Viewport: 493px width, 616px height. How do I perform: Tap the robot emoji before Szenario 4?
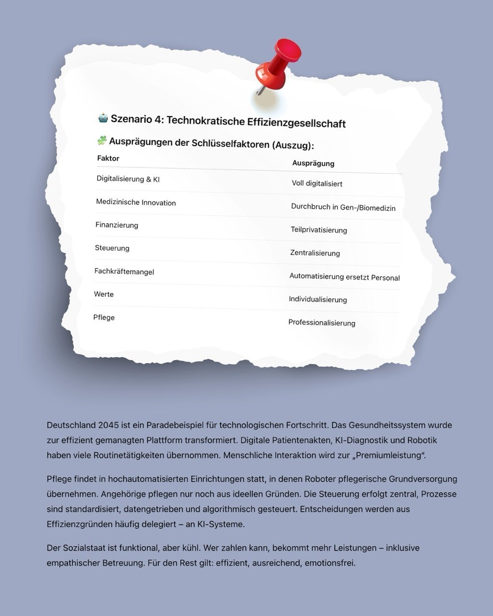[x=103, y=117]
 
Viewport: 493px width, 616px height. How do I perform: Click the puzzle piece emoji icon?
[x=102, y=141]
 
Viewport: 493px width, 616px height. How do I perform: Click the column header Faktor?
[x=108, y=158]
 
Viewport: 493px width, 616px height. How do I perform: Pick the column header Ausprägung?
[x=313, y=163]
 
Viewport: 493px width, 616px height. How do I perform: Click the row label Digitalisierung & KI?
[x=128, y=179]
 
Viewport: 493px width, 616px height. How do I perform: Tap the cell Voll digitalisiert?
[x=317, y=183]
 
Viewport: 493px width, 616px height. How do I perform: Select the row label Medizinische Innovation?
[x=136, y=203]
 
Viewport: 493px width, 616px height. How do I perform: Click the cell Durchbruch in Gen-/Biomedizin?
[x=343, y=207]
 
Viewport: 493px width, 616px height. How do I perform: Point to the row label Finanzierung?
[x=117, y=225]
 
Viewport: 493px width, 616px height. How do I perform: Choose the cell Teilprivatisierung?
[x=319, y=230]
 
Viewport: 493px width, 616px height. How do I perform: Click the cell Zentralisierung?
[x=315, y=253]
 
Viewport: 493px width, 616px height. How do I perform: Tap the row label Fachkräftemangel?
[x=124, y=271]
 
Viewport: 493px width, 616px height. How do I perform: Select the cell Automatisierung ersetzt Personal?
[x=344, y=277]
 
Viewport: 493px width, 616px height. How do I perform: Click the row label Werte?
[x=104, y=294]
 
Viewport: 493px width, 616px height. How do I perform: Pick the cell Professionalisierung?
[x=322, y=322]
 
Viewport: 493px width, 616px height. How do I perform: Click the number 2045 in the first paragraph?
[x=109, y=425]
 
